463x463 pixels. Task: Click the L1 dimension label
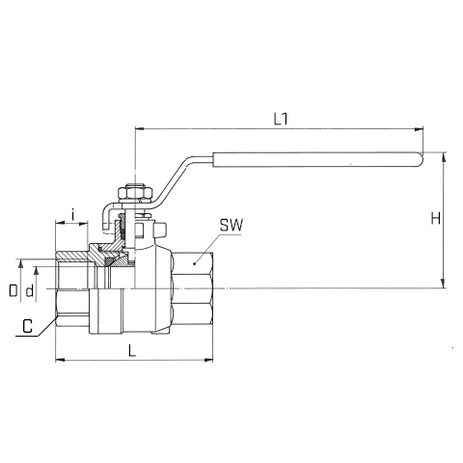281,120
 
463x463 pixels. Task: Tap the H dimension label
435,219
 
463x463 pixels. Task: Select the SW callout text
231,226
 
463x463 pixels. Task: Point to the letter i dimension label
73,214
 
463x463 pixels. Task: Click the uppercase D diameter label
14,290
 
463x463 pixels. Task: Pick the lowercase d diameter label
30,291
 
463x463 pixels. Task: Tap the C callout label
28,326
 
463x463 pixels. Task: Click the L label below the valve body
132,350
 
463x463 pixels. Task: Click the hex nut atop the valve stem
135,193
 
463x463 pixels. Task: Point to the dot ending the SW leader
194,263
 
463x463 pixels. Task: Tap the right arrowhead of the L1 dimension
419,129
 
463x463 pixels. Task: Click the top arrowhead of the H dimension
444,157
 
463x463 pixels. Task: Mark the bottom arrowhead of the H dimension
444,284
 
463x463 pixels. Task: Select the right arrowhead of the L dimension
208,360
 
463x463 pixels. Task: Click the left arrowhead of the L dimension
60,360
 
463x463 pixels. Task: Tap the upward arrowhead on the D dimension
21,263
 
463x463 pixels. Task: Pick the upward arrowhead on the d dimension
36,271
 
